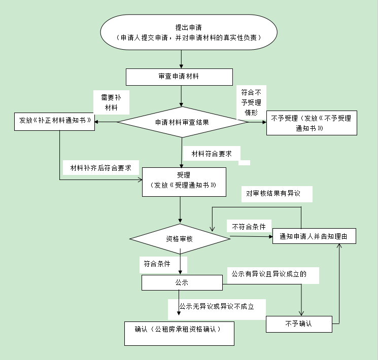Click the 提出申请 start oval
click(x=189, y=32)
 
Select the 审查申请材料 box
click(x=179, y=77)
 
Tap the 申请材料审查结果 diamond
click(x=182, y=122)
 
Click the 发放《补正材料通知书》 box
click(x=54, y=121)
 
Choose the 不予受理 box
click(x=311, y=123)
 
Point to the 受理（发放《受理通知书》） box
click(x=183, y=181)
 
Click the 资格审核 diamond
click(x=180, y=238)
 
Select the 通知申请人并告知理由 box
click(x=314, y=236)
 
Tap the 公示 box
click(x=182, y=282)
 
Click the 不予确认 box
click(x=299, y=323)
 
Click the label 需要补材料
click(x=111, y=102)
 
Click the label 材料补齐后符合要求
click(x=101, y=167)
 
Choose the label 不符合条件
click(x=249, y=227)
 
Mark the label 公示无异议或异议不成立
click(x=216, y=306)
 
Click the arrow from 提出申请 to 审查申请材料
click(x=182, y=59)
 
